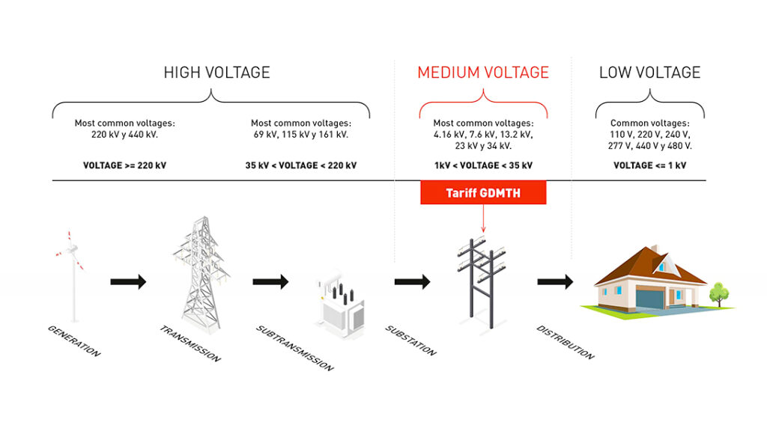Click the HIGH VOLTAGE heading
pyautogui.click(x=216, y=73)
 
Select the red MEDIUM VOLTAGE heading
pyautogui.click(x=483, y=73)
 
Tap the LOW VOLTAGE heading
pyautogui.click(x=649, y=73)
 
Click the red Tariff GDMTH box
pyautogui.click(x=483, y=192)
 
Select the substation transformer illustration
pyautogui.click(x=341, y=306)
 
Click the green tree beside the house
pyautogui.click(x=719, y=293)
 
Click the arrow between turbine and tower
pyautogui.click(x=128, y=281)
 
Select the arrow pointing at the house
pyautogui.click(x=555, y=281)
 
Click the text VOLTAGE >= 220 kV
pyautogui.click(x=125, y=165)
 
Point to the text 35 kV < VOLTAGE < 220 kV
pyautogui.click(x=301, y=165)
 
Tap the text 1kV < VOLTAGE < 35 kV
pyautogui.click(x=483, y=165)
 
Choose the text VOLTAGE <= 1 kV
pyautogui.click(x=649, y=165)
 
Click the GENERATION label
pyautogui.click(x=74, y=341)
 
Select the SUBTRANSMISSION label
pyautogui.click(x=295, y=348)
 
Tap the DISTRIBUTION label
pyautogui.click(x=566, y=342)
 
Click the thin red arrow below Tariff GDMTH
pyautogui.click(x=483, y=218)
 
